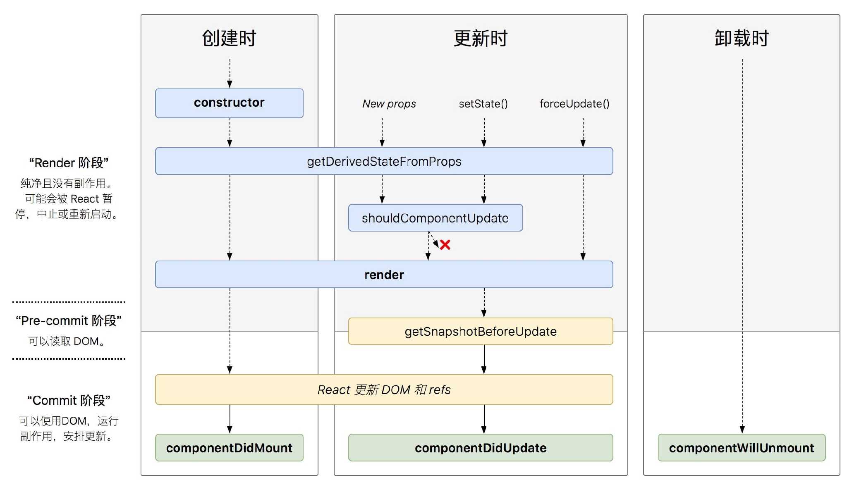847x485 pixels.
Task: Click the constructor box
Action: pyautogui.click(x=229, y=103)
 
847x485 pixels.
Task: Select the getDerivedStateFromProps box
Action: pyautogui.click(x=384, y=161)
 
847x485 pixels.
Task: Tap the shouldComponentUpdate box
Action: pyautogui.click(x=435, y=218)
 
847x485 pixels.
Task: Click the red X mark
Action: pyautogui.click(x=445, y=245)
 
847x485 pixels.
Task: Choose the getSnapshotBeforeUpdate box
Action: pyautogui.click(x=480, y=331)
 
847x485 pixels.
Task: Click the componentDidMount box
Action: pyautogui.click(x=229, y=448)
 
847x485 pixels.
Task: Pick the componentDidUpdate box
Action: pyautogui.click(x=480, y=448)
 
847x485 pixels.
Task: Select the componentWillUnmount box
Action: pyautogui.click(x=741, y=448)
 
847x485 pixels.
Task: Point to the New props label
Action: pyautogui.click(x=389, y=104)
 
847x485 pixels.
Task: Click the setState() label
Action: pyautogui.click(x=483, y=104)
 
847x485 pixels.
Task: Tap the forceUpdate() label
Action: pyautogui.click(x=574, y=104)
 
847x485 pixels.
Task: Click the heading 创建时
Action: pyautogui.click(x=229, y=38)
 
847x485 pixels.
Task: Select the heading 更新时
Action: pyautogui.click(x=480, y=38)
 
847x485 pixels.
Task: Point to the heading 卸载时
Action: pyautogui.click(x=741, y=38)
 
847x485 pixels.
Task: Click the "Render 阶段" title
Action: pyautogui.click(x=69, y=163)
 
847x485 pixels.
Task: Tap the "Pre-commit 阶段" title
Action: pyautogui.click(x=69, y=320)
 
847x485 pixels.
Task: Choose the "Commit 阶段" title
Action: pyautogui.click(x=69, y=400)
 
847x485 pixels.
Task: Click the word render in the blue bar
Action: pyautogui.click(x=384, y=275)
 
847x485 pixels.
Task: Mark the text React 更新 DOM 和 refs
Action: pyautogui.click(x=384, y=389)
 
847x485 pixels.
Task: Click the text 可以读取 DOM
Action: pyautogui.click(x=66, y=341)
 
